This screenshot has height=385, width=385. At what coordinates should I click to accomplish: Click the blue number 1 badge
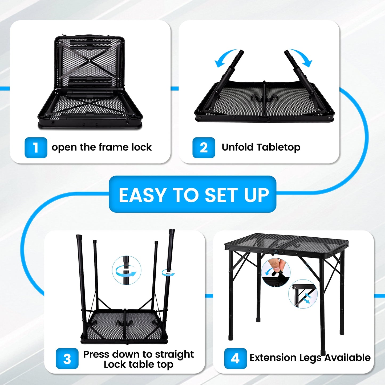coord(36,148)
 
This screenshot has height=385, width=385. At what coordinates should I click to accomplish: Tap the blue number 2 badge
coord(204,148)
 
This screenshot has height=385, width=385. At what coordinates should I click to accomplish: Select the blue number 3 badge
coord(67,359)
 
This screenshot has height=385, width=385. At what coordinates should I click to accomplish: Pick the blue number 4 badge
coord(235,359)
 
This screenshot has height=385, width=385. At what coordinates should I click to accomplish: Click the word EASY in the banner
coord(143,195)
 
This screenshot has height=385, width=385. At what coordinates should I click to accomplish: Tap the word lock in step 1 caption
coord(141,147)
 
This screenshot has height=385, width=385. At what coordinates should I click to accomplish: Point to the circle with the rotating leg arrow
coord(127,270)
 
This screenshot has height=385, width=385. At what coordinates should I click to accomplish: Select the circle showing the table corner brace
coord(303,294)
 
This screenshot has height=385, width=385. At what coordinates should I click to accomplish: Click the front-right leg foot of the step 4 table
coord(323,352)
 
